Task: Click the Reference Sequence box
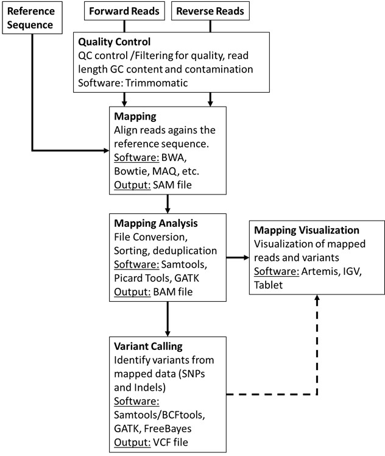pyautogui.click(x=31, y=18)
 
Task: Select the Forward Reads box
pyautogui.click(x=124, y=12)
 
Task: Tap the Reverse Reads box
pyautogui.click(x=210, y=12)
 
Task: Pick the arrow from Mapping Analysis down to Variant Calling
pyautogui.click(x=167, y=317)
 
